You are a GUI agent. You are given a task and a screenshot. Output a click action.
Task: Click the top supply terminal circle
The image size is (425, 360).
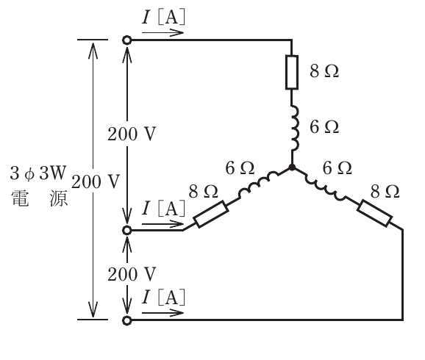tap(126, 40)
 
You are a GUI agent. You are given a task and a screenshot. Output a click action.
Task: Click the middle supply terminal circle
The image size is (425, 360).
tap(126, 231)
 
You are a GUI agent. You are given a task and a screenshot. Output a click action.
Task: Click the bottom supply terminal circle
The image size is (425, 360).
tap(126, 320)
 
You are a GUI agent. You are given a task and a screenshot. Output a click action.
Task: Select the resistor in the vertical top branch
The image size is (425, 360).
tap(292, 72)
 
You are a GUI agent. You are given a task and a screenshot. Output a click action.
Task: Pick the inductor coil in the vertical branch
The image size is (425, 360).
tap(295, 128)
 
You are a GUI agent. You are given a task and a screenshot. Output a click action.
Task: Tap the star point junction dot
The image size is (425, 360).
tap(292, 168)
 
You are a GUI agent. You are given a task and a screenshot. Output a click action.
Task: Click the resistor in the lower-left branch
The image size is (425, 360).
tap(211, 214)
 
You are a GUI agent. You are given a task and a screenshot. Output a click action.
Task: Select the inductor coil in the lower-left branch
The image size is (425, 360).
tap(258, 184)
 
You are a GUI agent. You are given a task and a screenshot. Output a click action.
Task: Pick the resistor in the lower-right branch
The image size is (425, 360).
tap(374, 214)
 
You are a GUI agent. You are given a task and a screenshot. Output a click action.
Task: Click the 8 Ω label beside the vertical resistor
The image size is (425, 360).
tap(324, 71)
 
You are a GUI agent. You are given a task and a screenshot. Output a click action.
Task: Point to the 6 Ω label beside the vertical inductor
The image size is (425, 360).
tap(324, 127)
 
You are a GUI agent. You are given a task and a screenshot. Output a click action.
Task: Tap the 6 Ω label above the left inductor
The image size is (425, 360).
tap(240, 168)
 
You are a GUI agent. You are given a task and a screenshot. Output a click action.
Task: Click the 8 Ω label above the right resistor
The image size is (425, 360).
tap(385, 192)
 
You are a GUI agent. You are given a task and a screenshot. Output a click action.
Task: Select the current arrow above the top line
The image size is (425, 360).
tap(162, 33)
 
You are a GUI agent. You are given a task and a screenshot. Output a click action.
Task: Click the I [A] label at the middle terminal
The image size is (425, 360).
tap(163, 209)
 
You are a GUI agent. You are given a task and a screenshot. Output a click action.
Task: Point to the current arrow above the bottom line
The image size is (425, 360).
tap(162, 313)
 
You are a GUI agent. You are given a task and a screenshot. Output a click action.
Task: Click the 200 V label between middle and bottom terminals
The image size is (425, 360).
tap(132, 274)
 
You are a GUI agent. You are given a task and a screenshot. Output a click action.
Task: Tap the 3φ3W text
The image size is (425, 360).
tap(38, 173)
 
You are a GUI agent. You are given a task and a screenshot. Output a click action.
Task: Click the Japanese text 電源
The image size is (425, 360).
tap(39, 198)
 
